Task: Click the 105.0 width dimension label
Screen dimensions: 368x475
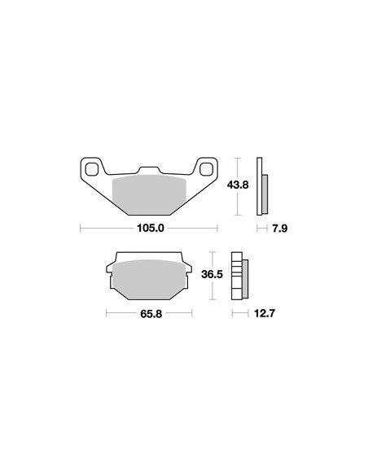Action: pyautogui.click(x=151, y=228)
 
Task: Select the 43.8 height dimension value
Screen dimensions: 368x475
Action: pyautogui.click(x=238, y=185)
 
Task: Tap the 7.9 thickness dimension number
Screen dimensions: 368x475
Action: pyautogui.click(x=279, y=228)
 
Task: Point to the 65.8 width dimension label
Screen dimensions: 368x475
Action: pyautogui.click(x=151, y=313)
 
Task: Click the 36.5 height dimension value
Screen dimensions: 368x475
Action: pyautogui.click(x=212, y=274)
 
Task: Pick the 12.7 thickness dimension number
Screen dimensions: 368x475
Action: pyautogui.click(x=265, y=313)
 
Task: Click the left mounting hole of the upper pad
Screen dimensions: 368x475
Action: pyautogui.click(x=92, y=169)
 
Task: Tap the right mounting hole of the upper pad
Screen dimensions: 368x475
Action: pyautogui.click(x=207, y=169)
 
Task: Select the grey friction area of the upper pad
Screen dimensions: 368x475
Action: pyautogui.click(x=149, y=194)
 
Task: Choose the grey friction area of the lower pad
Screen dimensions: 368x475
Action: pyautogui.click(x=149, y=279)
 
